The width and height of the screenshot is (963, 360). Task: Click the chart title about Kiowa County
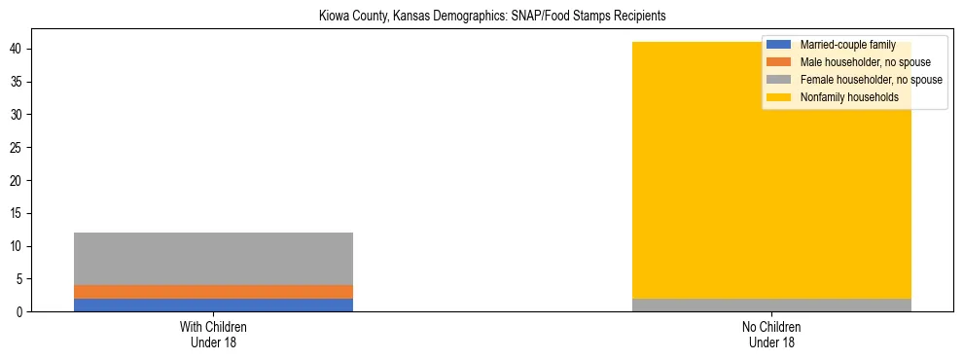tap(492, 17)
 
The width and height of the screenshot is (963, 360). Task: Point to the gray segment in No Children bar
tap(771, 305)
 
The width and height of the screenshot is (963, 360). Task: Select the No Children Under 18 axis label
tap(771, 334)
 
